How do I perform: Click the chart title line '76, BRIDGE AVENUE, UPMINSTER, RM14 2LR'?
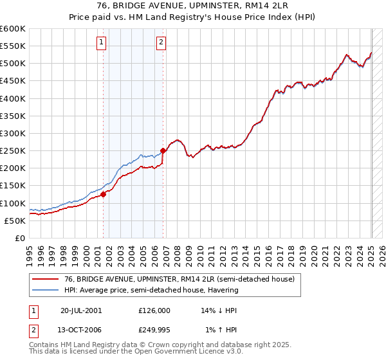click(193, 6)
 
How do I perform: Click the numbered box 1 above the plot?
click(102, 43)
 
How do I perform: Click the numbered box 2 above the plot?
click(160, 43)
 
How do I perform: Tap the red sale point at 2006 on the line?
click(163, 150)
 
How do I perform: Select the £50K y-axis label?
click(14, 221)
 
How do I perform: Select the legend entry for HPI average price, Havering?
click(151, 290)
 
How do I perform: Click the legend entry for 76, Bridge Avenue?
click(179, 279)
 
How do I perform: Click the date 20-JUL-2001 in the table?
click(81, 310)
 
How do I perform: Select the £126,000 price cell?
click(154, 310)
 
